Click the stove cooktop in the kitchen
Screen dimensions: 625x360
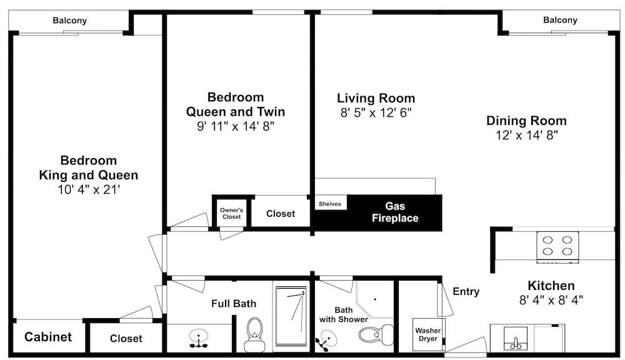point(557,247)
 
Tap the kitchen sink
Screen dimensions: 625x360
point(516,339)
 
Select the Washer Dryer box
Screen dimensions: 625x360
point(429,334)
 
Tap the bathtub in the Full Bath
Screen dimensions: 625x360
point(291,316)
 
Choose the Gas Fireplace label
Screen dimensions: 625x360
point(395,212)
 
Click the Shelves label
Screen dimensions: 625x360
point(330,204)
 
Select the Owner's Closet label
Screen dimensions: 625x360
point(232,213)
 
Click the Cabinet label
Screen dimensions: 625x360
point(48,337)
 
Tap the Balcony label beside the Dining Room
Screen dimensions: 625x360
point(560,20)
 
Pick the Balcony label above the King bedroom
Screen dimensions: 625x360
point(70,21)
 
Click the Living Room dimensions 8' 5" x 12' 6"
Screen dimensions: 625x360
point(376,113)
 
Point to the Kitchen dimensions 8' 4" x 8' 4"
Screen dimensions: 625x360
point(551,300)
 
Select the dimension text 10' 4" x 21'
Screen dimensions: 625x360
point(89,190)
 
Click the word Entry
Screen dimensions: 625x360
point(466,292)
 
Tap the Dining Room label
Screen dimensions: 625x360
point(526,121)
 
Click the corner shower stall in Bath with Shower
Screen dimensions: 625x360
point(374,299)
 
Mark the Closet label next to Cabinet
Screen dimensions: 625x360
point(126,339)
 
